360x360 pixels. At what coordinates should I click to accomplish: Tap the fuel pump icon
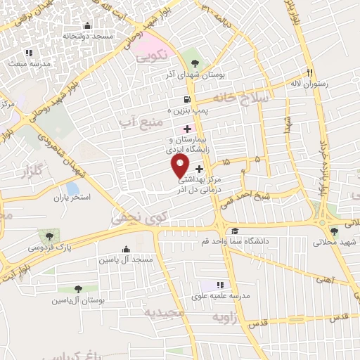click(186, 99)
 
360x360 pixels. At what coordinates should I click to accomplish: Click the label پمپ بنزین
click(169, 111)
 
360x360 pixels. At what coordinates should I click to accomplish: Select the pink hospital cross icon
click(186, 129)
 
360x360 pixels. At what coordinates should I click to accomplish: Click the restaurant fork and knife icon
click(309, 72)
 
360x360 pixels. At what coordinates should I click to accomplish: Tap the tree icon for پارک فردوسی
click(49, 236)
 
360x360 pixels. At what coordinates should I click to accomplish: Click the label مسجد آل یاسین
click(127, 260)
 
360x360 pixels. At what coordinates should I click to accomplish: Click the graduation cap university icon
click(234, 231)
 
